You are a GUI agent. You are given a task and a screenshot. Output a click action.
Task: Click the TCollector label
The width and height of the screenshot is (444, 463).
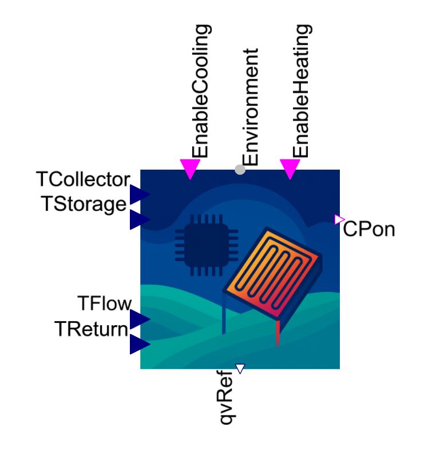83,179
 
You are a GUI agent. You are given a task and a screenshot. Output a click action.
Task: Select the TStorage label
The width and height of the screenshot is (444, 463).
85,203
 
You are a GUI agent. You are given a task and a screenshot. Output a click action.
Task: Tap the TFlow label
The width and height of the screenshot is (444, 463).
104,303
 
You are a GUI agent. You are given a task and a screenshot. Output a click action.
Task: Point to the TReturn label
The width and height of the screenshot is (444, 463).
92,329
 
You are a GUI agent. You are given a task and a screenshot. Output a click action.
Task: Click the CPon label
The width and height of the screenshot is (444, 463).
369,229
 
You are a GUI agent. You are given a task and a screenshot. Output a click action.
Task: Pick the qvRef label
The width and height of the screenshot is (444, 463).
227,398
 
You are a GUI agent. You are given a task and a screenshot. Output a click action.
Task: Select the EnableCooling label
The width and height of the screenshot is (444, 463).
201,91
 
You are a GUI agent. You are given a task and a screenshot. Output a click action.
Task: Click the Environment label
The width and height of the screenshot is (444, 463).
251,107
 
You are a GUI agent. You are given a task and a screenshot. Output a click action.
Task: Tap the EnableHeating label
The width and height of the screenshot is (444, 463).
302,91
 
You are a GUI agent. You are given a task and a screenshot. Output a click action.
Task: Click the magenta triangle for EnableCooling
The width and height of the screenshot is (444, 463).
190,168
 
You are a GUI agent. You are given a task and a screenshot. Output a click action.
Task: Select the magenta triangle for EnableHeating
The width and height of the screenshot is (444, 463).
290,168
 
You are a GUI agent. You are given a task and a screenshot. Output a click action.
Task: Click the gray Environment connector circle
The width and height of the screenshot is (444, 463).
240,170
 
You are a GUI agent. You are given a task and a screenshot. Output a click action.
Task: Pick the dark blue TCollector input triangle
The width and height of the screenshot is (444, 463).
139,194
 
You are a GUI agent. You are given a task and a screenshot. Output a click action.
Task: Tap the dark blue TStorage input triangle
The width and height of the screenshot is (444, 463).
139,219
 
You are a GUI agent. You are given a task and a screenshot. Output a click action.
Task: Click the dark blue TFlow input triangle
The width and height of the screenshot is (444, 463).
139,319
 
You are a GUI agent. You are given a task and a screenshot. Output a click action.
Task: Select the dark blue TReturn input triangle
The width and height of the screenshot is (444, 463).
139,344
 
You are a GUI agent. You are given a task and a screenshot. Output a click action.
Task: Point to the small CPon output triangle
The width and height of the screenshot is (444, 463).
339,219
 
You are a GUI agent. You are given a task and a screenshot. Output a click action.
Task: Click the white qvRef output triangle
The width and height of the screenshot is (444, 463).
240,368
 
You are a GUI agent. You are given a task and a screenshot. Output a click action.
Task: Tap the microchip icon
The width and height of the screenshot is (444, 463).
207,245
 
